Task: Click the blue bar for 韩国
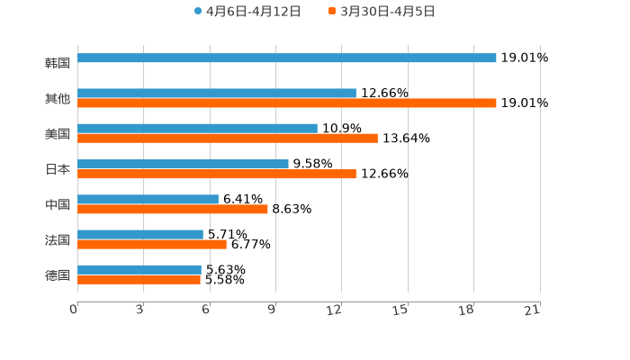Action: point(286,58)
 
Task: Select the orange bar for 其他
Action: point(286,103)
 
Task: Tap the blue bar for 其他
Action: point(216,93)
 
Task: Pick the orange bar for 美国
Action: point(227,139)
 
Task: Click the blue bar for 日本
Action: point(183,164)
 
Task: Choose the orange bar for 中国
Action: point(172,209)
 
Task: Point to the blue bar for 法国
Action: point(140,234)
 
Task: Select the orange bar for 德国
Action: point(139,280)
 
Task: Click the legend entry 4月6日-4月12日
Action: point(253,12)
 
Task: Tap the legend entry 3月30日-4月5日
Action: point(388,12)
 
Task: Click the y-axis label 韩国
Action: point(58,64)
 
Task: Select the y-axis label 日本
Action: point(58,169)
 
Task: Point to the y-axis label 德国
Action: point(58,274)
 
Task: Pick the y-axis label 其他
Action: point(58,99)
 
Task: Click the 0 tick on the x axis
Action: point(75,310)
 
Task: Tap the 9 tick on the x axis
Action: point(273,310)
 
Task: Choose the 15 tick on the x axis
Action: point(401,310)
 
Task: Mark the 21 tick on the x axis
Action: point(533,310)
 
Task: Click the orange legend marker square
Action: point(332,12)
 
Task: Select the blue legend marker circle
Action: point(198,12)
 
